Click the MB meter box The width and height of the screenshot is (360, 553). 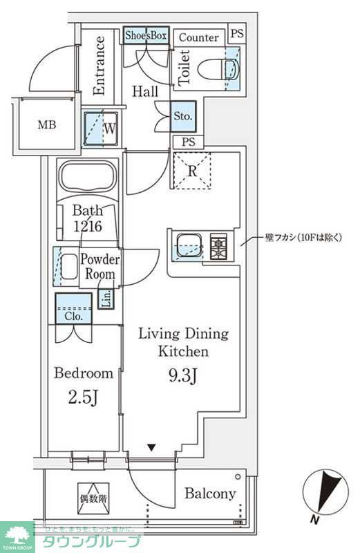(x=47, y=125)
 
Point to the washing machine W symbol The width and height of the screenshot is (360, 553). (x=101, y=128)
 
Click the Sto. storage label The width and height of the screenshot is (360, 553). (x=183, y=116)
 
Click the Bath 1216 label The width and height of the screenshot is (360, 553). (x=88, y=218)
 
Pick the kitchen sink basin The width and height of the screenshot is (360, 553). (x=189, y=245)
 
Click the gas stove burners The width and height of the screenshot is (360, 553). (x=220, y=246)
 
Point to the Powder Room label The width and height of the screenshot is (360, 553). (x=101, y=266)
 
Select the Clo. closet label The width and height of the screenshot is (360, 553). (x=73, y=315)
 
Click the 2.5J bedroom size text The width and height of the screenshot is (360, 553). (x=83, y=400)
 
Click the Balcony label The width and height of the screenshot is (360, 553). (x=210, y=494)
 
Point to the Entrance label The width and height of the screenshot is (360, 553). (x=100, y=66)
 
